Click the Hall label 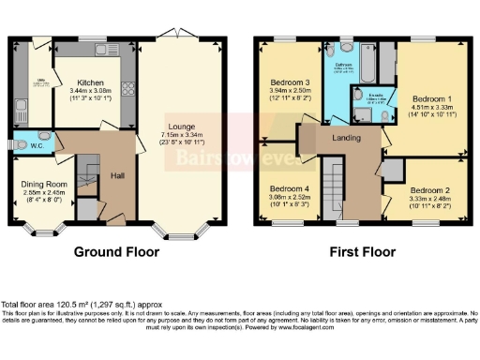(119, 175)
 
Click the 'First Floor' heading (359, 251)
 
